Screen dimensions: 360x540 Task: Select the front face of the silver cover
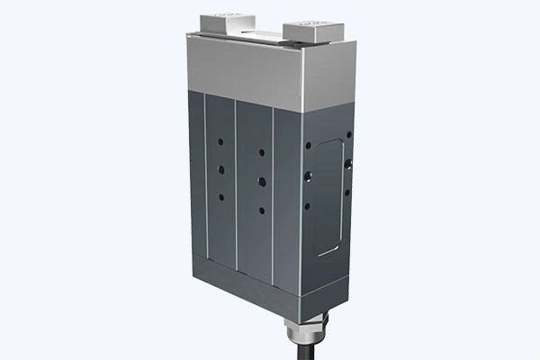coord(243,65)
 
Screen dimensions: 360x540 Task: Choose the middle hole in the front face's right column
coord(259,177)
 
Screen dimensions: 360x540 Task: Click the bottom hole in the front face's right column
coord(260,209)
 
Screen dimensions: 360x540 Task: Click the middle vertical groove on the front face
coord(236,180)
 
